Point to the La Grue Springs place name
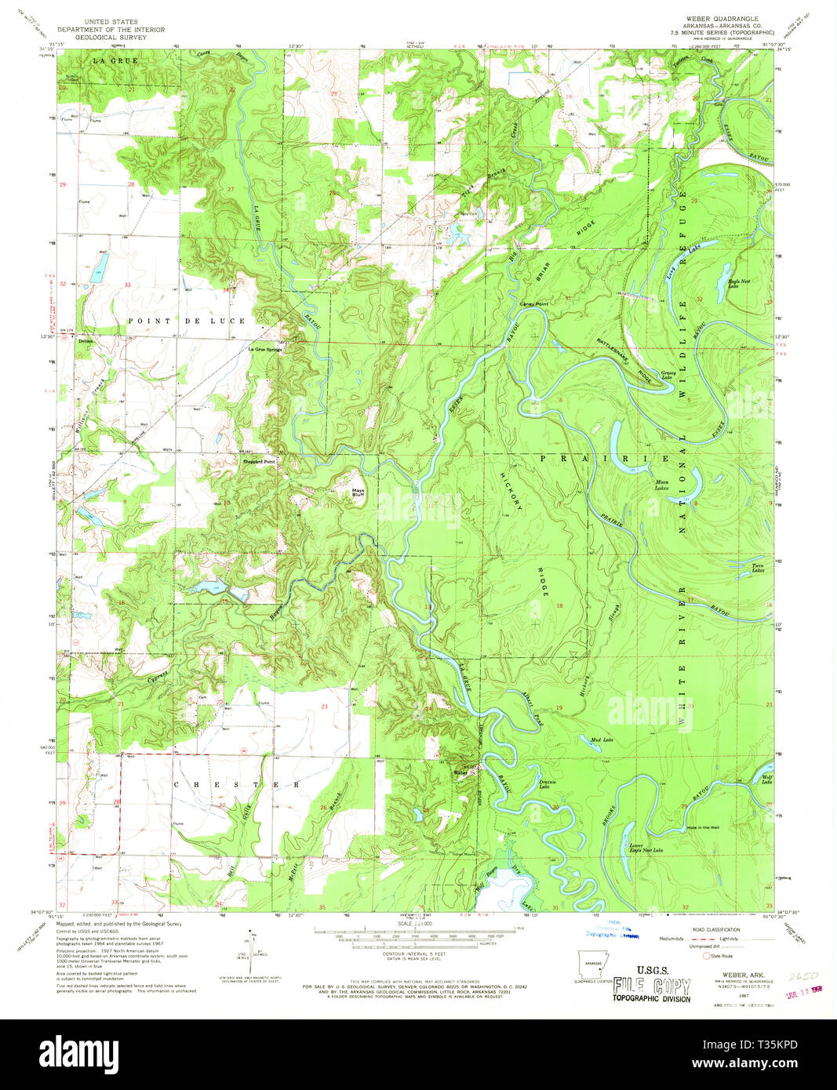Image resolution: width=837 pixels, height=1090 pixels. point(265,349)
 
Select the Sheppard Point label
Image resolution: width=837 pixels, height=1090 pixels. point(259,462)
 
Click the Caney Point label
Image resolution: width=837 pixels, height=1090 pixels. point(533,303)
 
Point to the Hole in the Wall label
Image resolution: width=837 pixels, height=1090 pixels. point(701,827)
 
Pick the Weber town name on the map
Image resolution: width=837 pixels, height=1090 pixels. point(460,772)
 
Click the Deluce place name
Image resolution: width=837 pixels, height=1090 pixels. point(86,342)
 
